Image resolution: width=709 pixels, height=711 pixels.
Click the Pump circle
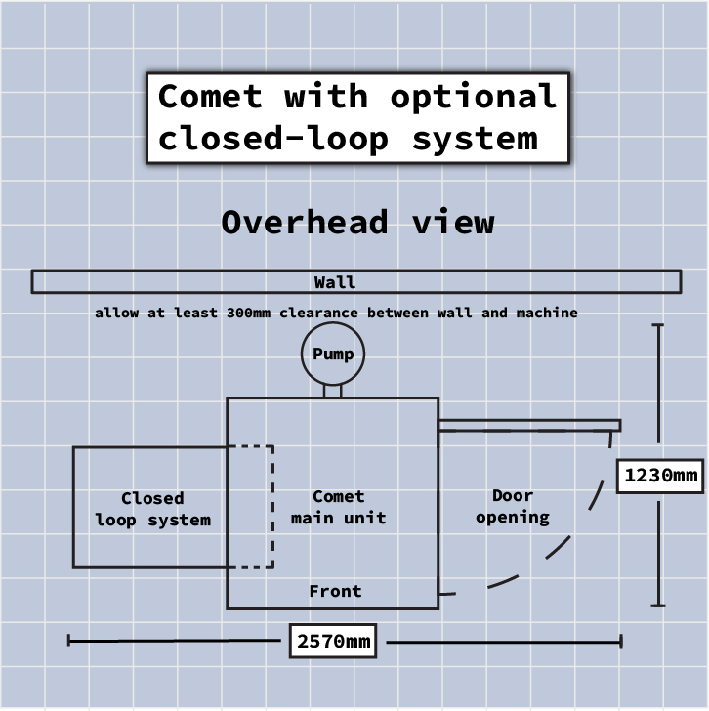pos(332,354)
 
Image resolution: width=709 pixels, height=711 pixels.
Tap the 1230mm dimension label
pos(661,476)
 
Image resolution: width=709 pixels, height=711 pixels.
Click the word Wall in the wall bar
pos(335,282)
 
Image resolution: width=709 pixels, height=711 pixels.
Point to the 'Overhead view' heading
pos(357,222)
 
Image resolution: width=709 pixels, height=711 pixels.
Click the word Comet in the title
pos(210,97)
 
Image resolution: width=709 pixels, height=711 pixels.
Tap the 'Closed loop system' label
pos(152,509)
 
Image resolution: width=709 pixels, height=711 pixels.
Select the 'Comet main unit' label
pos(338,507)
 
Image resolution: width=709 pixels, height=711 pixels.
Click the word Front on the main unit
pos(335,591)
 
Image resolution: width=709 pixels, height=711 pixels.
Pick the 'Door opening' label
pos(513,506)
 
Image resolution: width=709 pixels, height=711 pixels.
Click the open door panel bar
pos(528,425)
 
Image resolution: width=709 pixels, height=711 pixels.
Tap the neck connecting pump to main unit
pos(332,389)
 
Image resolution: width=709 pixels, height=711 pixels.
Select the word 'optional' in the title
pos(474,97)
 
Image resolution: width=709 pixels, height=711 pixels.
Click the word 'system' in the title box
pos(475,139)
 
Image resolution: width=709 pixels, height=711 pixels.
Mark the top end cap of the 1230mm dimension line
pos(659,325)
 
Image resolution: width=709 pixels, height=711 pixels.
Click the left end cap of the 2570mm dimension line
pos(68,641)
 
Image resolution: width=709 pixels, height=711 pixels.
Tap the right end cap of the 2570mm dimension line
pos(620,642)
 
